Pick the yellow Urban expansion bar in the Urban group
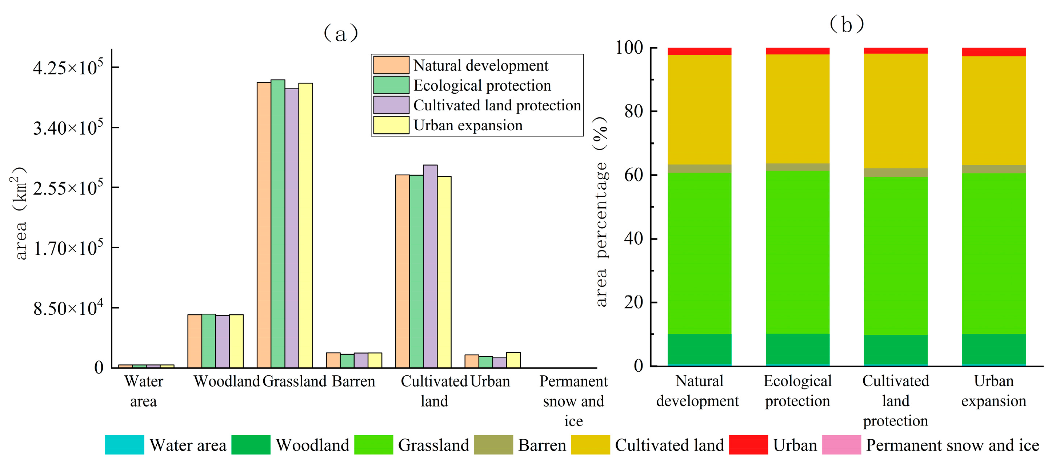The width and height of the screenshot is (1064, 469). coord(513,360)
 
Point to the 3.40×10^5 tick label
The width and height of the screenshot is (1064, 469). coord(68,128)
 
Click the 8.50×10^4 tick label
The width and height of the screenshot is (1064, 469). coord(68,308)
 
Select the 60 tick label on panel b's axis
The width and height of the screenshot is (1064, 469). coord(633,175)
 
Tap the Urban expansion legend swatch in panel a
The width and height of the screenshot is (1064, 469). coord(391,125)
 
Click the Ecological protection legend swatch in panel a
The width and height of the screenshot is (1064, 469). coord(391,85)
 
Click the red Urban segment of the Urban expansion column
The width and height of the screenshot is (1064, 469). coord(993,52)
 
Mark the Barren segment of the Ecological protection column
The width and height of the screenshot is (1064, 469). coord(797,167)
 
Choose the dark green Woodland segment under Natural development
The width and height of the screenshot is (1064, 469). coord(699,349)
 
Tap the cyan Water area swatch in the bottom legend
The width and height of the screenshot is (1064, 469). coord(124,445)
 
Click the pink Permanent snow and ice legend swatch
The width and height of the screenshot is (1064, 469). coord(841,445)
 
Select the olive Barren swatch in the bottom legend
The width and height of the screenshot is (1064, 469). coord(493,445)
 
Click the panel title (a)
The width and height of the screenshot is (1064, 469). coord(340,33)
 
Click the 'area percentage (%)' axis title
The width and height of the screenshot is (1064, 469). coord(601,212)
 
